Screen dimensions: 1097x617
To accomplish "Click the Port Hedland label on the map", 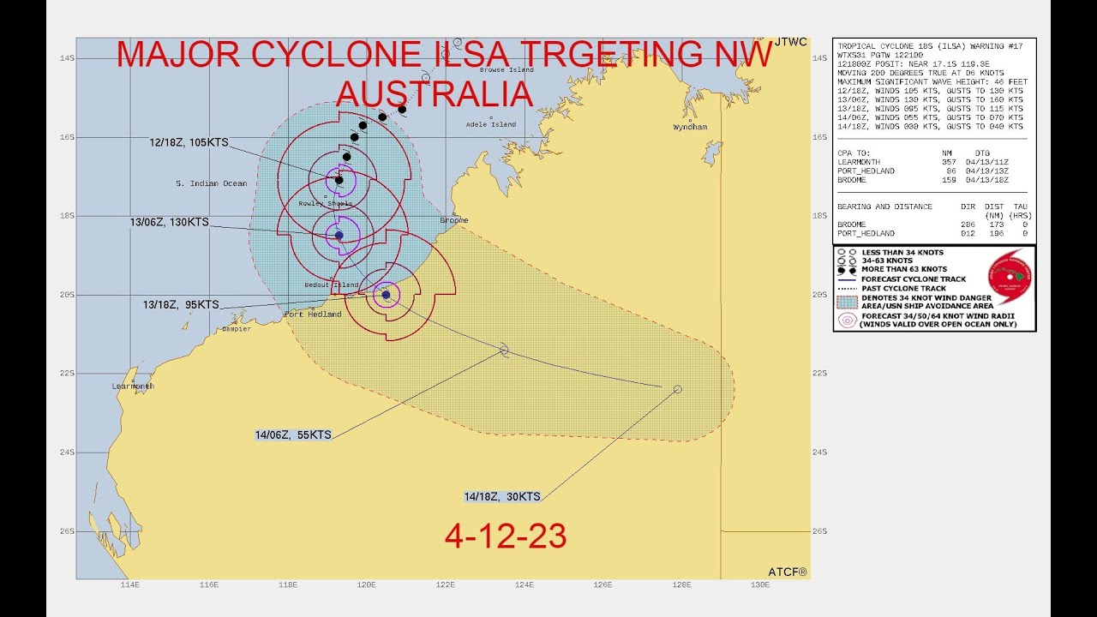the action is (313, 314).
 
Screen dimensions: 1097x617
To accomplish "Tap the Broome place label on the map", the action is (454, 220).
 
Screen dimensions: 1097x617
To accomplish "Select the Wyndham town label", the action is (690, 127).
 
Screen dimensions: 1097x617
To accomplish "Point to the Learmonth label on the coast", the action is (133, 386).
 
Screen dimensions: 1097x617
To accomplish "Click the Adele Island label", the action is (490, 124).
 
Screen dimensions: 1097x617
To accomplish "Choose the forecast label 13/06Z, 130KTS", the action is (169, 222).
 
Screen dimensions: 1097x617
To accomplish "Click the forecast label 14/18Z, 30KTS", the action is (502, 497).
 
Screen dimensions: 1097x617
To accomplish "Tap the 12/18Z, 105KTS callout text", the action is (189, 142).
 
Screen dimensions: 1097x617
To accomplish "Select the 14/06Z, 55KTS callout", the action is (293, 435).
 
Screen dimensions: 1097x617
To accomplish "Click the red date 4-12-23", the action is (506, 536).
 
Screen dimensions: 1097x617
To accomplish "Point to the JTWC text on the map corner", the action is (790, 42).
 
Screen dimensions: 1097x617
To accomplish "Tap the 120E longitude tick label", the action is (366, 585).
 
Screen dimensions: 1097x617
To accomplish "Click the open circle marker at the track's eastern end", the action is (678, 389).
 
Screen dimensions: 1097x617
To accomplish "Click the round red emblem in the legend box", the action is (1010, 279).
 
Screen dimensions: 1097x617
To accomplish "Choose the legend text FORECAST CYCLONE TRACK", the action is (914, 279).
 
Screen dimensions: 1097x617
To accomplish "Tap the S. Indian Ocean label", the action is (211, 183).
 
